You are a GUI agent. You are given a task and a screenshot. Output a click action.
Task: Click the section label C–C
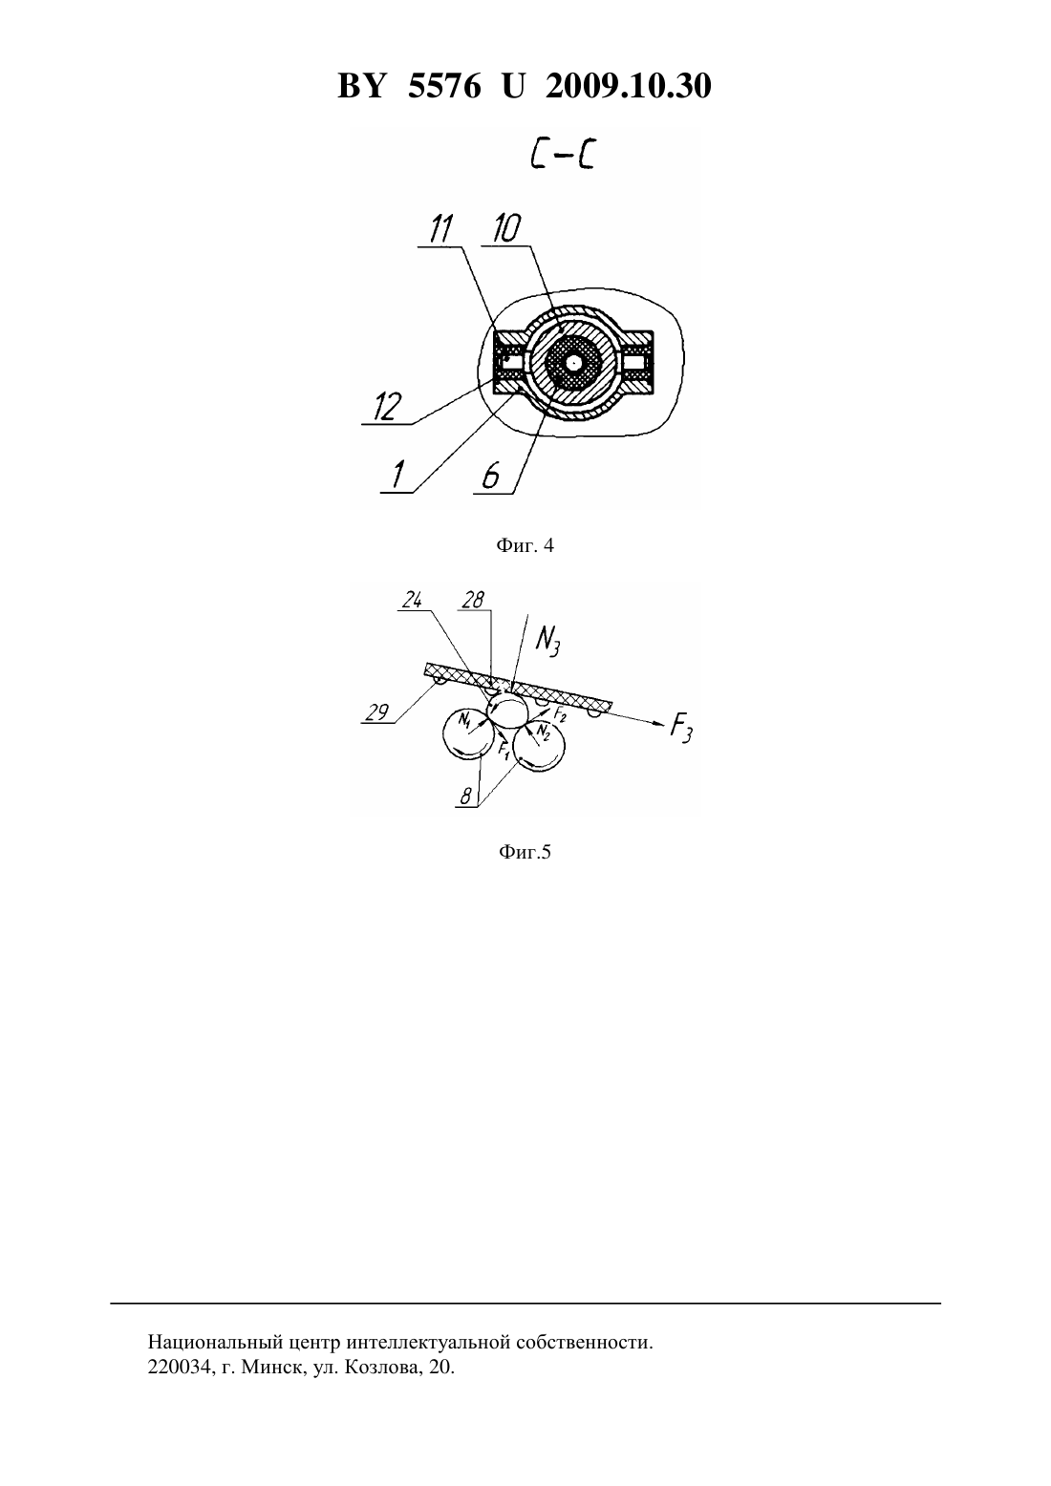(x=562, y=156)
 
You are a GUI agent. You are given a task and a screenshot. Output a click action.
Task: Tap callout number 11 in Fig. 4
(x=440, y=229)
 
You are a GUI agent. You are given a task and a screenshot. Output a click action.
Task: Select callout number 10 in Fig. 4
(x=506, y=229)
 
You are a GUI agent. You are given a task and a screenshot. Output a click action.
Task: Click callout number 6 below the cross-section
(x=490, y=476)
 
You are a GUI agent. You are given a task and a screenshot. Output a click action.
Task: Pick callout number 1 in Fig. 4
(x=398, y=476)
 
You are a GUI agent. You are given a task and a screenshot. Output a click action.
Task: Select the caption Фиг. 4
(x=525, y=545)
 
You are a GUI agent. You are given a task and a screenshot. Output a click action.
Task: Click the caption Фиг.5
(x=525, y=852)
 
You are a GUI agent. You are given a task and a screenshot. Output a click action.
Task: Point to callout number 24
(x=413, y=601)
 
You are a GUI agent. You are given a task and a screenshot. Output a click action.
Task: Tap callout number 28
(x=472, y=600)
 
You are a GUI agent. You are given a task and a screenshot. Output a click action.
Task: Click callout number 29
(x=376, y=712)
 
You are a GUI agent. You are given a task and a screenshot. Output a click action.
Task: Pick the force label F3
(x=681, y=729)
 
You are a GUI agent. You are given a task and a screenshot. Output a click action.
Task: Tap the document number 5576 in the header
(x=444, y=86)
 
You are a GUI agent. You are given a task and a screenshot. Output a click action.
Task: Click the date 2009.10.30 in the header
(x=629, y=86)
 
